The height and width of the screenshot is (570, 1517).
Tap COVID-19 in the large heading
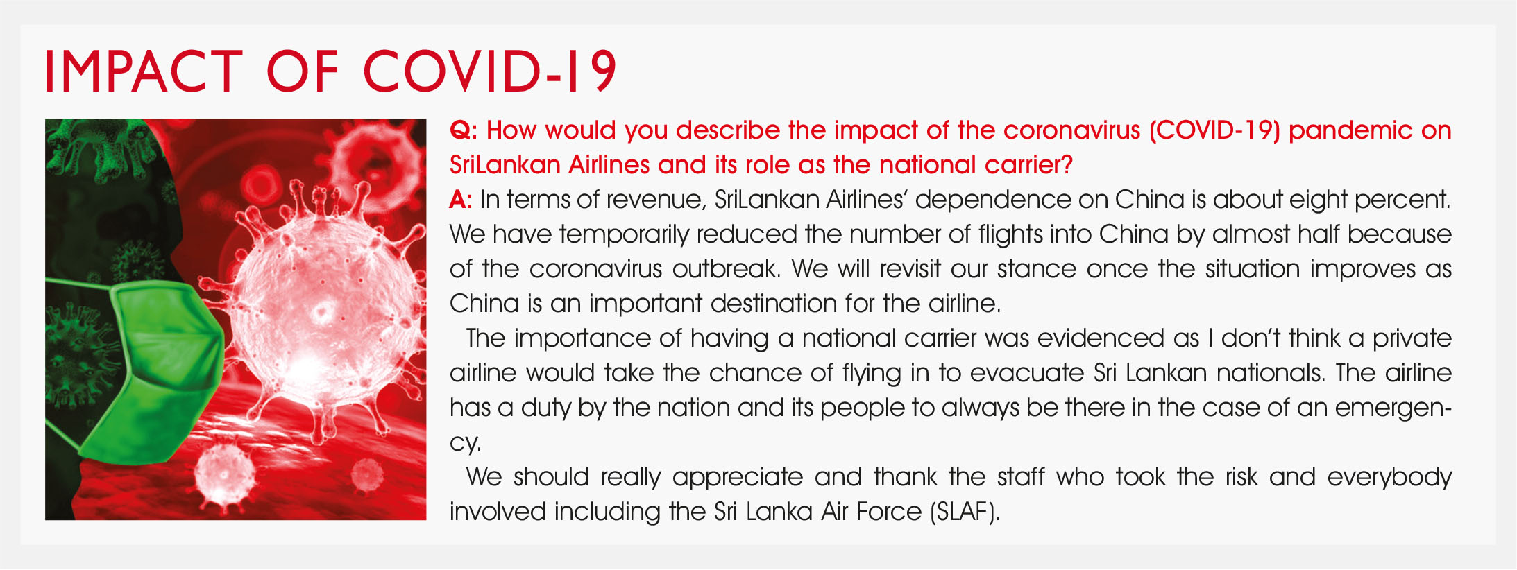(x=490, y=71)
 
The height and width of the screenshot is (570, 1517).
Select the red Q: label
(x=464, y=131)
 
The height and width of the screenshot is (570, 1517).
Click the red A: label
(x=461, y=200)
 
